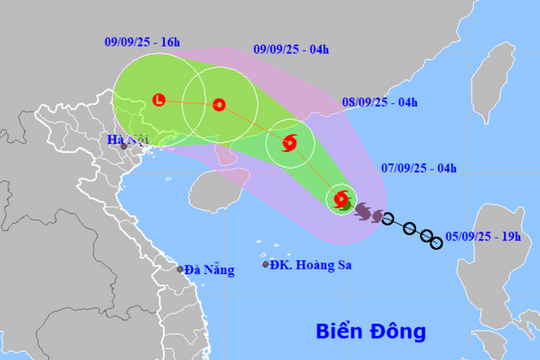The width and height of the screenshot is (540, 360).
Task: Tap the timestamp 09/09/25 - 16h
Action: click(141, 42)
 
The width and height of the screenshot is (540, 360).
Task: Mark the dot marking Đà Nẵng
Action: click(181, 269)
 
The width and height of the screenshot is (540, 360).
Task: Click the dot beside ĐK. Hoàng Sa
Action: click(266, 264)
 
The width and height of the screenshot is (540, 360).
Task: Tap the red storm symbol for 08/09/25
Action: click(290, 143)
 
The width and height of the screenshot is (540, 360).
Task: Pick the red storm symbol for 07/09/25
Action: click(342, 200)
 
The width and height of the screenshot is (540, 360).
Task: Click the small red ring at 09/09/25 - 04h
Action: click(219, 104)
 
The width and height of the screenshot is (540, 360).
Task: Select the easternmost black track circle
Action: click(436, 243)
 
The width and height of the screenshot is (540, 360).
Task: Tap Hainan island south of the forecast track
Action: click(214, 190)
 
